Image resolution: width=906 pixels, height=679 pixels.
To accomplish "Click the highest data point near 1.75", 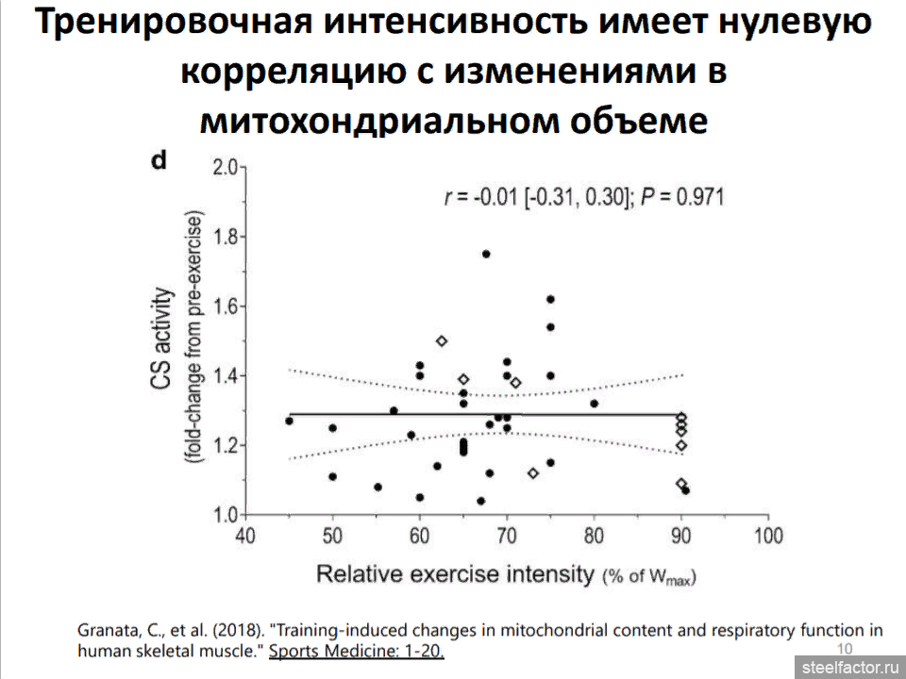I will click(x=486, y=254).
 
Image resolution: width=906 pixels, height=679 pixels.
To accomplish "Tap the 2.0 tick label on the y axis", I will click(x=224, y=168).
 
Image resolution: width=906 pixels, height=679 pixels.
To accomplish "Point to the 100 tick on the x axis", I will click(x=768, y=536).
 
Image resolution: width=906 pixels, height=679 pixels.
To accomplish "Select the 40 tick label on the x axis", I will click(x=244, y=536).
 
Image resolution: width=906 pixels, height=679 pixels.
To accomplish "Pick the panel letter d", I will click(x=159, y=160).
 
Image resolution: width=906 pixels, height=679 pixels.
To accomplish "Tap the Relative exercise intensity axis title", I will click(x=455, y=573).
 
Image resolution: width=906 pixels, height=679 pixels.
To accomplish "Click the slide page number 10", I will click(x=846, y=648).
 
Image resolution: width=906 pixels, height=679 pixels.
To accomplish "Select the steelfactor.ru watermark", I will click(x=850, y=666).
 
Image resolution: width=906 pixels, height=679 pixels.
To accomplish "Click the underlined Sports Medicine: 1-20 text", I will click(x=357, y=651).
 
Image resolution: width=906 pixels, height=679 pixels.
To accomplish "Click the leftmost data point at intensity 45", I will click(x=289, y=421).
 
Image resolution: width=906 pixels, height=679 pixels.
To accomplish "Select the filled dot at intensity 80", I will click(x=594, y=404).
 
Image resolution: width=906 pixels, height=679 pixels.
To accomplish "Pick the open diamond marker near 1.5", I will click(x=441, y=340).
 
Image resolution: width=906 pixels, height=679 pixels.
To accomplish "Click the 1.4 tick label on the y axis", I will click(x=224, y=376).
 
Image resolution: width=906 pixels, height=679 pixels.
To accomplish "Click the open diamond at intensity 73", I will click(x=533, y=472).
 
